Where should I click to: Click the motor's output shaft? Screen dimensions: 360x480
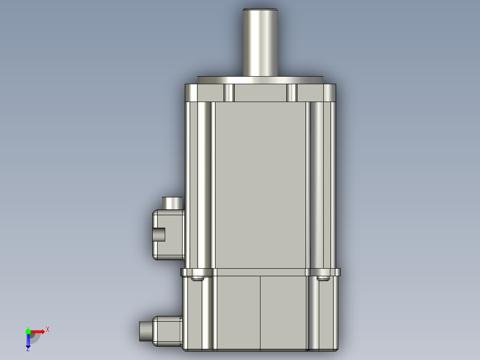pos(260,42)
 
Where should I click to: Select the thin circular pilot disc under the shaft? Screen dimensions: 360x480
pos(260,80)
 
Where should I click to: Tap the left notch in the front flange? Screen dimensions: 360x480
pos(229,93)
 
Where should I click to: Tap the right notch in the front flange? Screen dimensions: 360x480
pos(292,93)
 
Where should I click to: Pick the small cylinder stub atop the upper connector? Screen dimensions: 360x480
pos(172,203)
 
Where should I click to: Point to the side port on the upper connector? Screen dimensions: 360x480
pos(159,234)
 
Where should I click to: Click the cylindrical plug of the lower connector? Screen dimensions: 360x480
pos(146,331)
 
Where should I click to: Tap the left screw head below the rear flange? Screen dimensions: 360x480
pos(197,279)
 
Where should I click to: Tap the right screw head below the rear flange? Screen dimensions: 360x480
pos(323,279)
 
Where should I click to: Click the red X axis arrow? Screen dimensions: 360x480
pos(38,331)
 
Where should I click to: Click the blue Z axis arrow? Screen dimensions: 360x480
pos(28,341)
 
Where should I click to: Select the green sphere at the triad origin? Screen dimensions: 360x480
pos(28,331)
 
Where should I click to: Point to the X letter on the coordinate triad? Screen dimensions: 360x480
pos(48,329)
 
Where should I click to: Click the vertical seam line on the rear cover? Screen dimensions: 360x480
pos(260,312)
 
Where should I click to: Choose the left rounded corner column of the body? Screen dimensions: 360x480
pos(203,185)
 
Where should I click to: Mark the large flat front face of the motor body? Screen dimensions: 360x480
pos(260,185)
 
